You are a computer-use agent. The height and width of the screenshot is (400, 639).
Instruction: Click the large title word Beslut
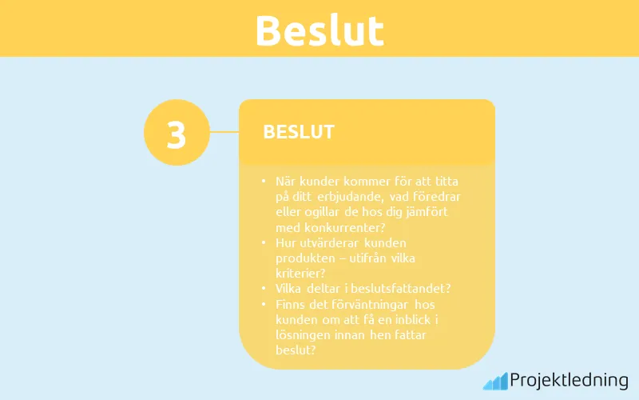click(x=319, y=30)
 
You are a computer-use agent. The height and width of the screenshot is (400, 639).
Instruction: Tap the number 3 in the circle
click(x=177, y=134)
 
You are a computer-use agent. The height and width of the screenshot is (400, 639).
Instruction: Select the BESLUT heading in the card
click(x=299, y=132)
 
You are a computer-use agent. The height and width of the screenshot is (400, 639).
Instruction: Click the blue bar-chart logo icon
click(x=494, y=380)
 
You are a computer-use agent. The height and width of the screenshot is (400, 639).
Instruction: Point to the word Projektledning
click(x=569, y=379)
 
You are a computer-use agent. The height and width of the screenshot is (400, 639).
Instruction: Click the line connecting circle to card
click(x=224, y=132)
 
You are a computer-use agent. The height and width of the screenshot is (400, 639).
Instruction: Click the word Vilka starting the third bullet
click(x=290, y=288)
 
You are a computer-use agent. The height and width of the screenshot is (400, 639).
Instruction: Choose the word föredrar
click(x=436, y=197)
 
